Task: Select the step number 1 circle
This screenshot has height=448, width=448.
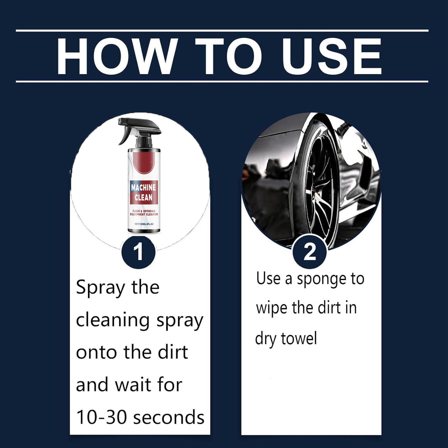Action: tap(138, 252)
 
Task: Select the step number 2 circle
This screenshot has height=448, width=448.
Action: tap(309, 252)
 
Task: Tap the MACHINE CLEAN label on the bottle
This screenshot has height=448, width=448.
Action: tap(144, 193)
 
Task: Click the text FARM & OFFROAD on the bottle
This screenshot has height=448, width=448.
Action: tap(144, 211)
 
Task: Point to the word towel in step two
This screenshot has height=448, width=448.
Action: tap(299, 338)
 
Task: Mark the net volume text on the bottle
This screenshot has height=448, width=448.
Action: tap(144, 224)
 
